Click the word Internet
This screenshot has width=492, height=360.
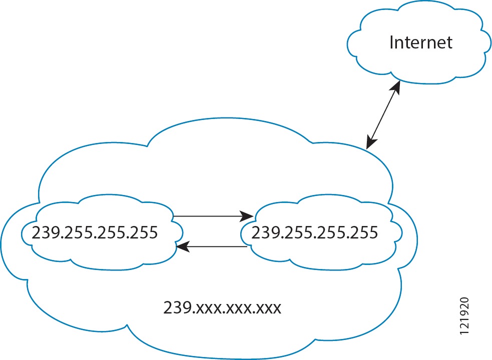pos(420,42)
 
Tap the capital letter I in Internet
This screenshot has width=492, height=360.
pos(391,42)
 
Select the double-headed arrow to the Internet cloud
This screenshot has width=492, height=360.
pos(383,114)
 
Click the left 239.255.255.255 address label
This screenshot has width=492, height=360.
pos(95,232)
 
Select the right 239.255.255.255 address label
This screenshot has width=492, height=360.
pos(314,232)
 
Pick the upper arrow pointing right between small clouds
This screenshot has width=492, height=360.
pos(213,216)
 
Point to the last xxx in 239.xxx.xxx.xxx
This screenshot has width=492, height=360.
pos(269,307)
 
